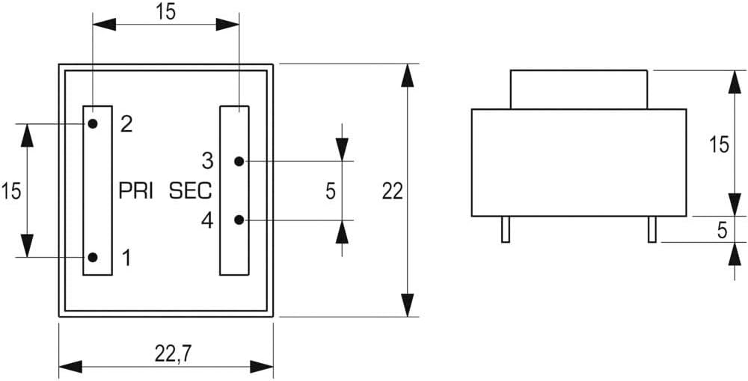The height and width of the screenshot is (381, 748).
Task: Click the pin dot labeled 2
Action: pos(92,123)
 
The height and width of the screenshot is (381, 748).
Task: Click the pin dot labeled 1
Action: pos(92,257)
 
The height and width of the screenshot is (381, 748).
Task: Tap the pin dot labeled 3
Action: pos(239,161)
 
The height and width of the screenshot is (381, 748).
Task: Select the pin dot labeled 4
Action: pos(239,220)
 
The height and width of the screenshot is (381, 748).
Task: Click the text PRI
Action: pos(136,190)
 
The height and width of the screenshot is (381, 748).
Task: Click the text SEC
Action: pos(191,190)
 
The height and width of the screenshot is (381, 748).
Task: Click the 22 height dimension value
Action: pos(392,191)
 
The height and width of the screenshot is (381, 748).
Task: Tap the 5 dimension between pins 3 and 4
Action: pos(330,191)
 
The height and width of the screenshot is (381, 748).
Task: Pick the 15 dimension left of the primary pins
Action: pos(11,190)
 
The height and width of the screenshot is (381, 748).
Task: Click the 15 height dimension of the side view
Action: pos(719,145)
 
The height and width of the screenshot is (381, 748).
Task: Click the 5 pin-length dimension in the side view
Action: pos(722,230)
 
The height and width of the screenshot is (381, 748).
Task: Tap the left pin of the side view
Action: pos(506,229)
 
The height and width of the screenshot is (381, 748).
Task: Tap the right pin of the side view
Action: pos(652,229)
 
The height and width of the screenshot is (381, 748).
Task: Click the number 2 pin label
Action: pos(126,124)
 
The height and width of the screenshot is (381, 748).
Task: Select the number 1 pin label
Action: pos(126,258)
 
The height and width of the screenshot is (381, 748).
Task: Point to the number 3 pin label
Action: pos(207,161)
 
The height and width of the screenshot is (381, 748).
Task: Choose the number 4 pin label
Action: pos(207,220)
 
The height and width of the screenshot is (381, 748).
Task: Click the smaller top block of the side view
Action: pos(578,90)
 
